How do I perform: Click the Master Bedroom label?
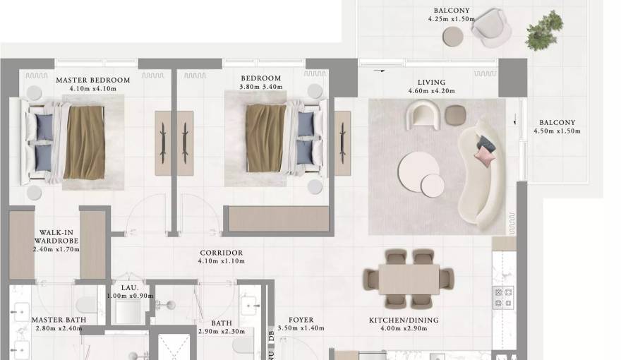click(92, 80)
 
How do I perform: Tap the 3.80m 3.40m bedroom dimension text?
click(260, 88)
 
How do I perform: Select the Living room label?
click(431, 82)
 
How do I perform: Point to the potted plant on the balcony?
click(544, 30)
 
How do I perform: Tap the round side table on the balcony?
click(452, 37)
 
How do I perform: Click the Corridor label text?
click(221, 253)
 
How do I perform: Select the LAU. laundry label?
click(129, 287)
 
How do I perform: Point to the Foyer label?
click(301, 320)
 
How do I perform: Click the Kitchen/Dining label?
click(404, 320)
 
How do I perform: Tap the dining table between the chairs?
click(409, 279)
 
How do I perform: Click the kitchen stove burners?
click(503, 297)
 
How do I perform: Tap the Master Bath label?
click(59, 320)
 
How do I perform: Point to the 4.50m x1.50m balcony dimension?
click(557, 131)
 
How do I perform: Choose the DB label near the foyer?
click(271, 336)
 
